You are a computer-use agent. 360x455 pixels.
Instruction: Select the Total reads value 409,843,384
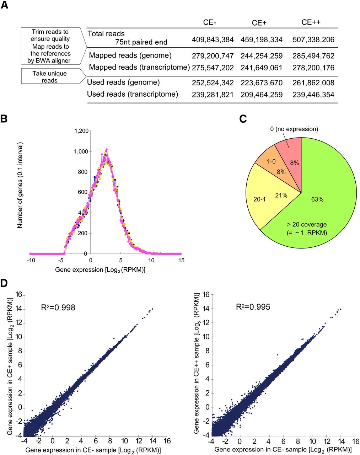click(x=213, y=39)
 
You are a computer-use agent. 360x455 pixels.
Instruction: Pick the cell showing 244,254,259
click(x=262, y=56)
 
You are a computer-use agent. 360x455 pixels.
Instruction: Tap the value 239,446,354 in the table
click(x=313, y=95)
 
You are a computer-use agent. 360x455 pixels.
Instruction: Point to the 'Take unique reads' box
click(x=49, y=77)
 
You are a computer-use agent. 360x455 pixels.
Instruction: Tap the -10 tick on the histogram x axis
click(x=31, y=260)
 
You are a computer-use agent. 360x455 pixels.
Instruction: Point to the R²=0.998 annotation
click(x=58, y=307)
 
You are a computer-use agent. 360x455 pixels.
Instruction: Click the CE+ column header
click(x=259, y=23)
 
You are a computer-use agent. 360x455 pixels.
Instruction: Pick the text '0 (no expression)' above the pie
click(x=294, y=129)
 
